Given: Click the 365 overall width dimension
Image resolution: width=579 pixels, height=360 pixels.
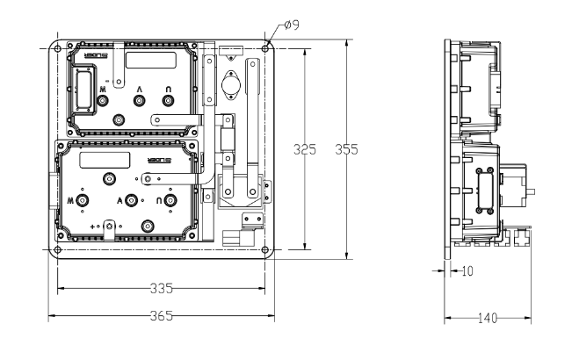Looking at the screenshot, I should coord(162,315).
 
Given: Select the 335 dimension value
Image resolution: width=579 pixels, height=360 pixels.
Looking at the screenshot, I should coord(162,287).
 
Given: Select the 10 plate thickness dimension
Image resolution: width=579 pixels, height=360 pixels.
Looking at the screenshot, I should coord(467,271).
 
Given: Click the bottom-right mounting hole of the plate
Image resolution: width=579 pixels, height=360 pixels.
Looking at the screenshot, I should coord(265,250).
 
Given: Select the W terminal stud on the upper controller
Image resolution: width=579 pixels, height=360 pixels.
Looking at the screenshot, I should coord(104,101).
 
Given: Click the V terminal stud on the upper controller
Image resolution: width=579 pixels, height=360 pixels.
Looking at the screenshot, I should coord(138,101).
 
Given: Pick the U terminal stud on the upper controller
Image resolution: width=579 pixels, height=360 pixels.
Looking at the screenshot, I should coord(171,101).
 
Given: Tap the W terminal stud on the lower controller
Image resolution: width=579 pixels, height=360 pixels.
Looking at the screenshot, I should coord(82,201).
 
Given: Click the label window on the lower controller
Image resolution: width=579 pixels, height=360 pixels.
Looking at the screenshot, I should coord(105,160).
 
